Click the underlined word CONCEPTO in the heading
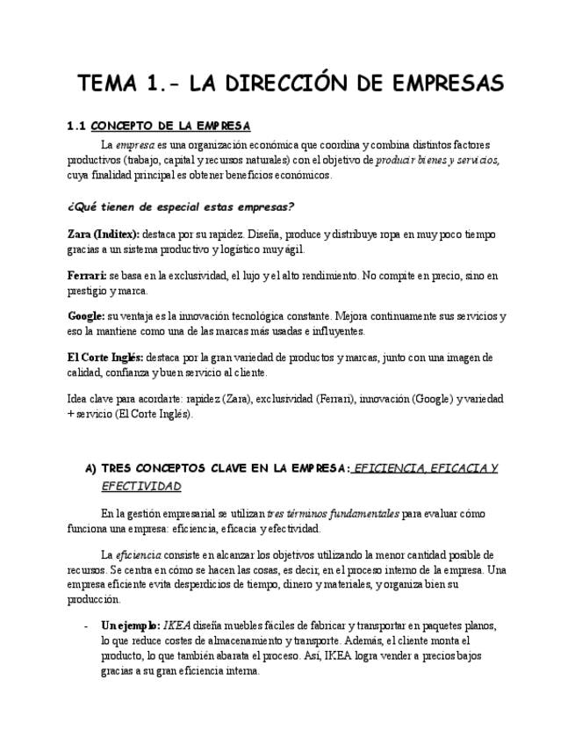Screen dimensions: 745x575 click(x=121, y=127)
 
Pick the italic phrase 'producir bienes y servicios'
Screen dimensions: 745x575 click(x=437, y=160)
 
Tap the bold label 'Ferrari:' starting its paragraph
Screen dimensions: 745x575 click(x=87, y=275)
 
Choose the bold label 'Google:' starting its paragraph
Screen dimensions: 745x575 click(x=86, y=315)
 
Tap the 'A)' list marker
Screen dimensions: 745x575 click(x=90, y=469)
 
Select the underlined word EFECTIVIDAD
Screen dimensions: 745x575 click(x=141, y=486)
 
